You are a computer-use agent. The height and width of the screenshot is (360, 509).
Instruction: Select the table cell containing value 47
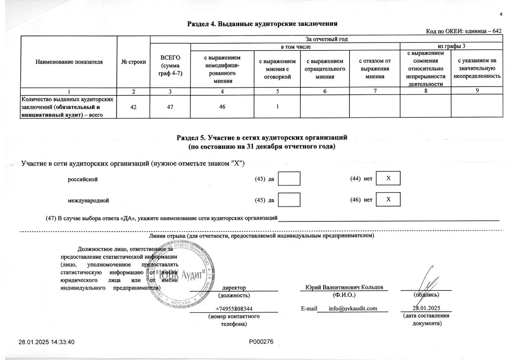coord(170,106)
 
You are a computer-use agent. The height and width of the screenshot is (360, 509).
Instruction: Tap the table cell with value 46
coord(222,106)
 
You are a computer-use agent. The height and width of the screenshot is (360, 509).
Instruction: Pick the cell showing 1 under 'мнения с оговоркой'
coord(277,106)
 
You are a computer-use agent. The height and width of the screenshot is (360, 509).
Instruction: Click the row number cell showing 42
coord(133,106)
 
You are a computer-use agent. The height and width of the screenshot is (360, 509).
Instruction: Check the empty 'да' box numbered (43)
coord(291,179)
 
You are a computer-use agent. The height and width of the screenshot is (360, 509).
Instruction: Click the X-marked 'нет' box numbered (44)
coord(388,179)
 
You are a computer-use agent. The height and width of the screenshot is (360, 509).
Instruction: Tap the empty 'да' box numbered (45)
coord(291,200)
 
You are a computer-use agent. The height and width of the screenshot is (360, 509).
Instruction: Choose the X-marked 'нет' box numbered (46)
coord(388,199)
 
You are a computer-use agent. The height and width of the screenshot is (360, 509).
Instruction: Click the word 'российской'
coord(83,179)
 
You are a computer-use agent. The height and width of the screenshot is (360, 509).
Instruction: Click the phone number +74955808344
coord(234,308)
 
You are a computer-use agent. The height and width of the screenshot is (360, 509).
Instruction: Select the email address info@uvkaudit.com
coord(353,308)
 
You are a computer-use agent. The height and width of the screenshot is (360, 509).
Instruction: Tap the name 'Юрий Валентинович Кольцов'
coord(344,287)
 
